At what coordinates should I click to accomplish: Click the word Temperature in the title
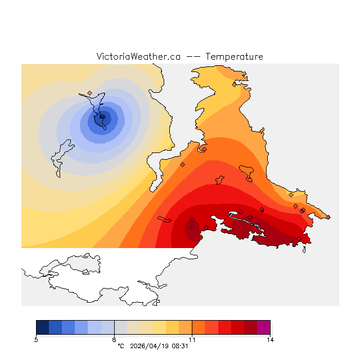[234, 57]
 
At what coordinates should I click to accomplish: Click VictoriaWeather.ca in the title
[138, 57]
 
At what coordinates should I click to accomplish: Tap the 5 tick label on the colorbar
[36, 339]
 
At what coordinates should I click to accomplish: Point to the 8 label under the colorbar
[114, 339]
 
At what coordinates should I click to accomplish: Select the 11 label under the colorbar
[192, 339]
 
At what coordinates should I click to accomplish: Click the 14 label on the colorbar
[269, 339]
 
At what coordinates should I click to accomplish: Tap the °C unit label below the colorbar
[120, 346]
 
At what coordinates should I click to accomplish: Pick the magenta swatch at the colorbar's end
[263, 327]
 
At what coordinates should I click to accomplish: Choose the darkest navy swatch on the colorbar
[42, 327]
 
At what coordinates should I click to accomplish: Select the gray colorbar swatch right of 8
[120, 327]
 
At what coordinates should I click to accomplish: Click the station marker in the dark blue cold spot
[102, 116]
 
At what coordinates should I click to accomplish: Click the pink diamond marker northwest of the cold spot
[89, 93]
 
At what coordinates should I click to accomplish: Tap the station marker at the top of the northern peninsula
[234, 84]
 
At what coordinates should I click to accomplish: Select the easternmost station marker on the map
[303, 210]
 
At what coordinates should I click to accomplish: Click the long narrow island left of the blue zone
[63, 155]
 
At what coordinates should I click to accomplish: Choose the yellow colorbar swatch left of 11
[172, 327]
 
